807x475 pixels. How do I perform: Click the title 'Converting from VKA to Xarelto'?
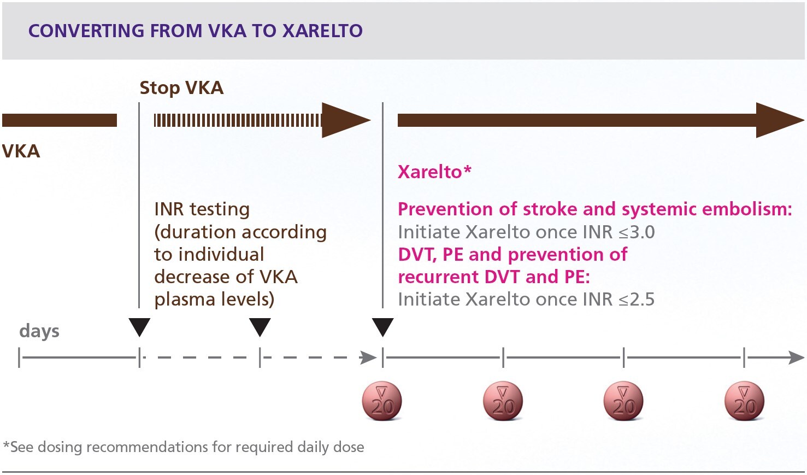pos(195,31)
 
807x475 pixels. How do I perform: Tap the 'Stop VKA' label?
pos(181,88)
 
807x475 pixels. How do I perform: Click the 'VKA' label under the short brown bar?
pos(21,151)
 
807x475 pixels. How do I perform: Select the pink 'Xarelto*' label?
pos(434,172)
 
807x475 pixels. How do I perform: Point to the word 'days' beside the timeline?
pos(39,331)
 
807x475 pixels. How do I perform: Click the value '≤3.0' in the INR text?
pos(637,232)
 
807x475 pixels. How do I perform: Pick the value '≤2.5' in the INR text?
pos(636,300)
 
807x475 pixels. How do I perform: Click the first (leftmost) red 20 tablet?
pos(382,401)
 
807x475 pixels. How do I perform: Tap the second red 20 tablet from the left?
pos(503,401)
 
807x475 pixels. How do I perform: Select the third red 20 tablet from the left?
pos(623,401)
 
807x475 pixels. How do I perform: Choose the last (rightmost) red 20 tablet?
pos(744,401)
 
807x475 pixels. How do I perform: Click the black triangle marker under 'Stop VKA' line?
pos(139,327)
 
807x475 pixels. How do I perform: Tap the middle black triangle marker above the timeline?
pos(260,327)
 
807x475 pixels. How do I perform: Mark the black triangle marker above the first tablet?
pos(382,327)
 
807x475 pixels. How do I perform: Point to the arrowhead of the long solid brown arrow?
pos(778,120)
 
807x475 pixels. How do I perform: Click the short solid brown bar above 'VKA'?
pos(60,120)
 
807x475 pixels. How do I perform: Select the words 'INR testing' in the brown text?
pos(202,209)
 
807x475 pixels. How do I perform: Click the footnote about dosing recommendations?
pos(184,447)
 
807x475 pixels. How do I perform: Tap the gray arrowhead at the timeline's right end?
pos(796,358)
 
